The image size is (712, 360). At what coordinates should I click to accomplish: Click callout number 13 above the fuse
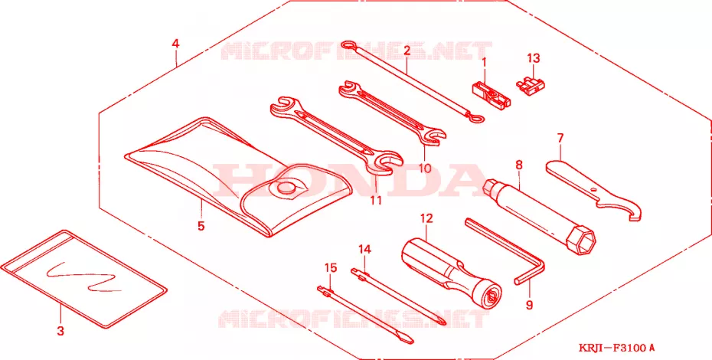[x=534, y=58]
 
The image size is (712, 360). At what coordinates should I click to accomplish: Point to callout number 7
[x=560, y=138]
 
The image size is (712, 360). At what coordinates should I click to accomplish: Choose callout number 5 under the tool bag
[x=201, y=225]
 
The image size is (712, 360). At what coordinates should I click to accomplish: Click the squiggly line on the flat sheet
[x=83, y=276]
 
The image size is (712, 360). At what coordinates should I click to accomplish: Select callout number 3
[x=60, y=330]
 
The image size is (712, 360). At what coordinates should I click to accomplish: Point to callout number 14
[x=364, y=249]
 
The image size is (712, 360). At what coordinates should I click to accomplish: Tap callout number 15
[x=331, y=268]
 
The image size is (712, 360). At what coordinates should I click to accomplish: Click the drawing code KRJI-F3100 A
[x=616, y=349]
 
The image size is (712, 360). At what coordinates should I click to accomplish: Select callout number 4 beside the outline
[x=175, y=44]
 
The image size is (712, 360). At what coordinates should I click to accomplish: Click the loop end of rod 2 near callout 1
[x=475, y=118]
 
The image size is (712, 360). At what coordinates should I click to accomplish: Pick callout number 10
[x=425, y=169]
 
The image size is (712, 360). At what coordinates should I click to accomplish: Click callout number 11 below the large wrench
[x=376, y=200]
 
